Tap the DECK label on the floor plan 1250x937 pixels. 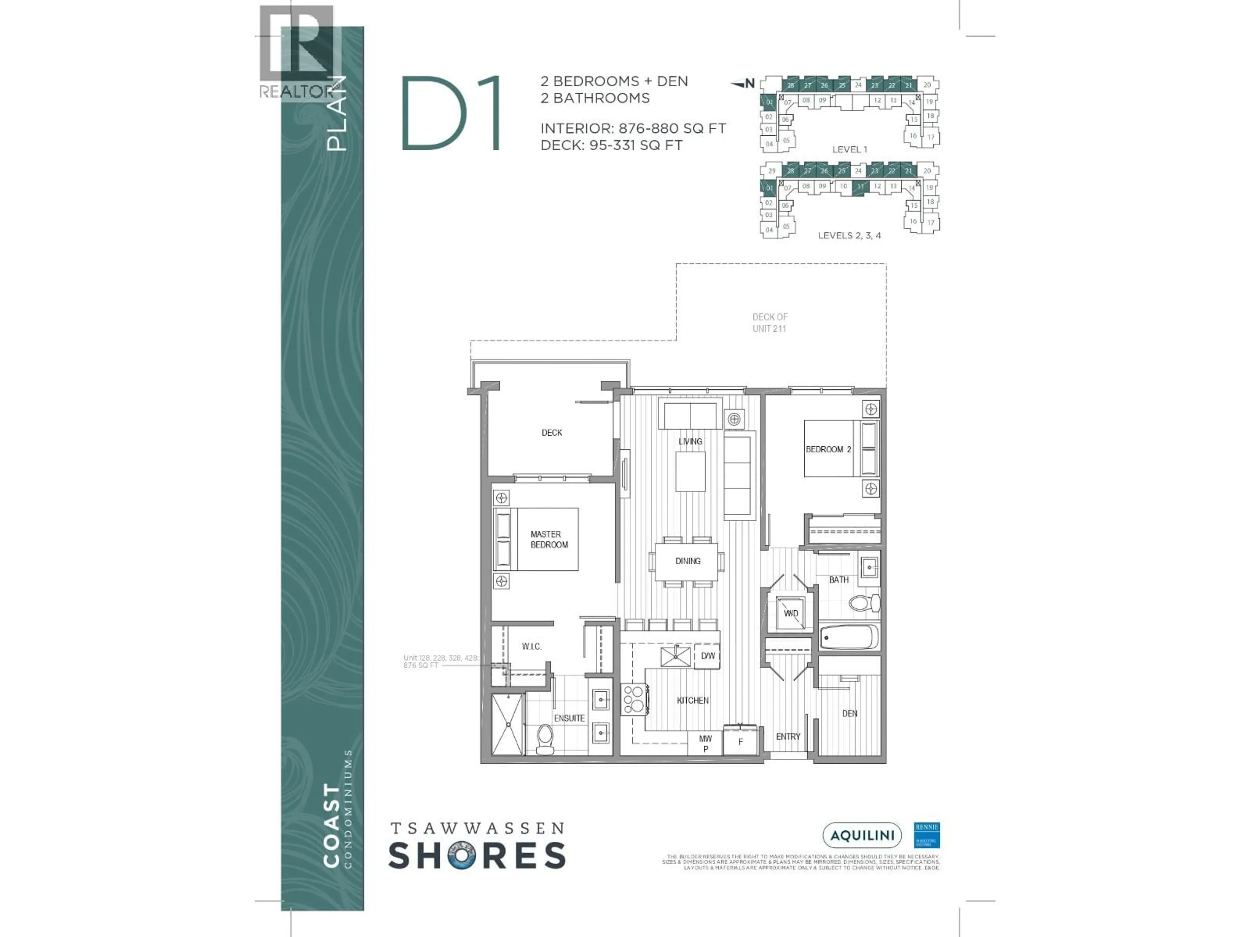(551, 433)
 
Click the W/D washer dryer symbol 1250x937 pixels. (791, 613)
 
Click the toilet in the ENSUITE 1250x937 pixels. (545, 739)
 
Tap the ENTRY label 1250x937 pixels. (788, 737)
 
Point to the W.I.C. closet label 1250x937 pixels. (531, 647)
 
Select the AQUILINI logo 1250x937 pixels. (862, 835)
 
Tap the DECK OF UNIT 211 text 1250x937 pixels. (769, 322)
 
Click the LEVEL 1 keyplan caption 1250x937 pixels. (849, 150)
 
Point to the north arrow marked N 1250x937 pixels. (744, 84)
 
